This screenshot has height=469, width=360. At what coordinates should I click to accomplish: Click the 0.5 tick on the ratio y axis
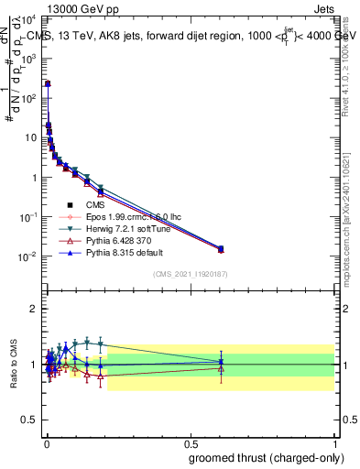click(27, 420)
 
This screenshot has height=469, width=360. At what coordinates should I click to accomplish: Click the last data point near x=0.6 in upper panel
click(220, 248)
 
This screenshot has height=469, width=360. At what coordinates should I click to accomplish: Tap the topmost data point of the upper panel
click(48, 83)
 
